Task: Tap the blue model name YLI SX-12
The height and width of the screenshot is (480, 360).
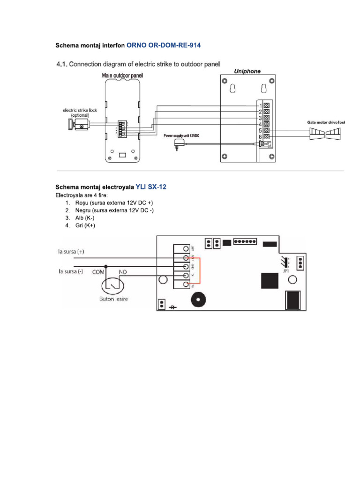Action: tap(151, 187)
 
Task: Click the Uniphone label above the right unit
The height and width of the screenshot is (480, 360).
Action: tap(247, 71)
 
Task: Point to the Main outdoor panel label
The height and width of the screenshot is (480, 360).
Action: tap(123, 75)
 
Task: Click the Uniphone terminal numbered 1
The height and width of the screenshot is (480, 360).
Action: tap(266, 106)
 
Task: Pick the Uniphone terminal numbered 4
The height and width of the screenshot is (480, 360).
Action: tap(266, 124)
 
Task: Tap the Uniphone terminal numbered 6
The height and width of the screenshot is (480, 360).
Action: tap(266, 137)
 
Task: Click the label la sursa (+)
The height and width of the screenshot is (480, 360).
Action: tap(71, 251)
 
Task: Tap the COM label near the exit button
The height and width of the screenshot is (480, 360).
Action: tap(97, 271)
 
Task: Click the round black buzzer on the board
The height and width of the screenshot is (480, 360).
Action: tap(197, 300)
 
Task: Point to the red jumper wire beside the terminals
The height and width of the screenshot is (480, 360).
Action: tap(200, 271)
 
